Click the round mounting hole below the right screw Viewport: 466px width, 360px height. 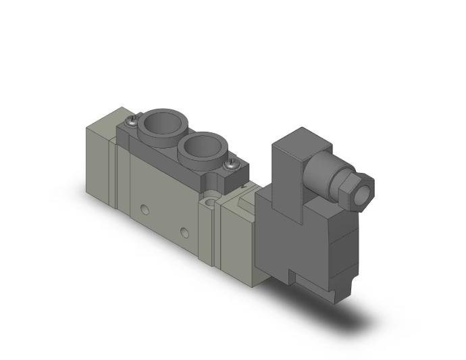[x=214, y=201]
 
